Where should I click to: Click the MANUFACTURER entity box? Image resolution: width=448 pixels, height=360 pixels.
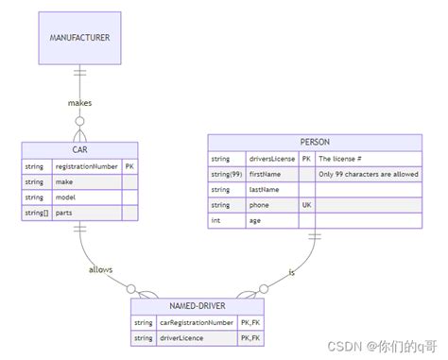click(79, 38)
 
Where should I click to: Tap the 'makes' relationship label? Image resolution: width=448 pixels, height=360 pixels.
click(79, 101)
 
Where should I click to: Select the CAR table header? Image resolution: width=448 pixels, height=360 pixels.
click(79, 149)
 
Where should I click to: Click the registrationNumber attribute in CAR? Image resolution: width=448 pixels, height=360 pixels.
click(92, 165)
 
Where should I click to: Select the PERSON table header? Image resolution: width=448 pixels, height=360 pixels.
click(315, 142)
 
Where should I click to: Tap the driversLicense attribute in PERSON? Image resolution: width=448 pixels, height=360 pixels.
click(272, 159)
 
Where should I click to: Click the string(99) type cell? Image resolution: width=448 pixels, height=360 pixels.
click(227, 174)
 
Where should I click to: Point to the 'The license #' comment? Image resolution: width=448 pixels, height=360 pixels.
click(340, 159)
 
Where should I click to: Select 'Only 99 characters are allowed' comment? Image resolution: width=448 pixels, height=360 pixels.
click(368, 174)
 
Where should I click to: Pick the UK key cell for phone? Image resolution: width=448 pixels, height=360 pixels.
click(306, 205)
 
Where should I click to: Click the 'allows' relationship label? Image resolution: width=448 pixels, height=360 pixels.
click(100, 269)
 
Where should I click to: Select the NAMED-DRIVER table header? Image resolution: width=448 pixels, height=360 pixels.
click(198, 306)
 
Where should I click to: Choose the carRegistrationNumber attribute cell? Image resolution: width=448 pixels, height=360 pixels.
click(197, 322)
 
